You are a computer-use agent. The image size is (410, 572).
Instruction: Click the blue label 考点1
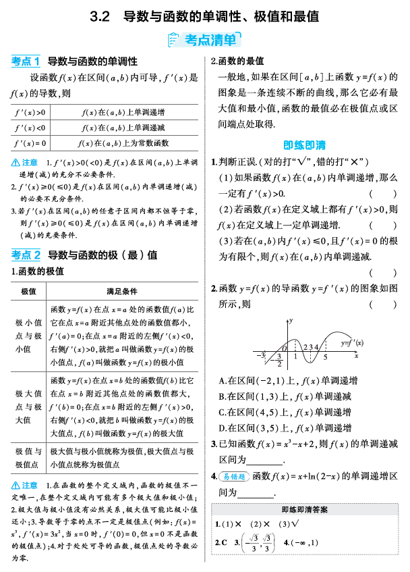[26, 61]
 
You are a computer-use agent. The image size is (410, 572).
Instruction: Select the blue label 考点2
[26, 255]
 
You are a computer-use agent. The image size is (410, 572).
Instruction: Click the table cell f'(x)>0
[30, 112]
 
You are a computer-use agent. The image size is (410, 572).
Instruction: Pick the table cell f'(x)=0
[30, 143]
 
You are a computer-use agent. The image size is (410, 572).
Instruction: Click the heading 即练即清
[304, 145]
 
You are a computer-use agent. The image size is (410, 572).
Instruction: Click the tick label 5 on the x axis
[325, 356]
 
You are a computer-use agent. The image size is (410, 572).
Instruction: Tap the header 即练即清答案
[305, 510]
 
